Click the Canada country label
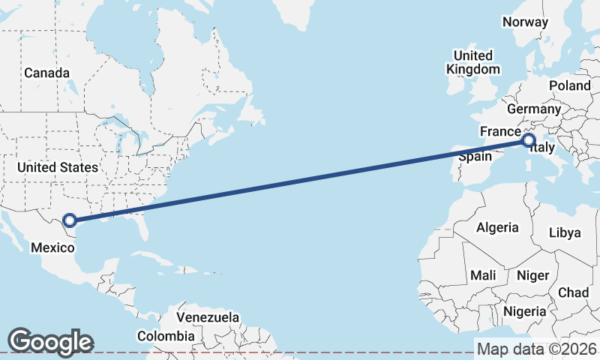(46, 73)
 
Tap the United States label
(58, 167)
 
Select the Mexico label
(52, 247)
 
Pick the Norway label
(526, 22)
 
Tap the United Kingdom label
(472, 62)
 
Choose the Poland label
(570, 85)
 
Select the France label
(500, 132)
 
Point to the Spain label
(475, 157)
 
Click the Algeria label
(497, 227)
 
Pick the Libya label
(565, 232)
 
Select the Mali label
(484, 275)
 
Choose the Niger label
(533, 275)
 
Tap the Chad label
(574, 292)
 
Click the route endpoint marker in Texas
(70, 220)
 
